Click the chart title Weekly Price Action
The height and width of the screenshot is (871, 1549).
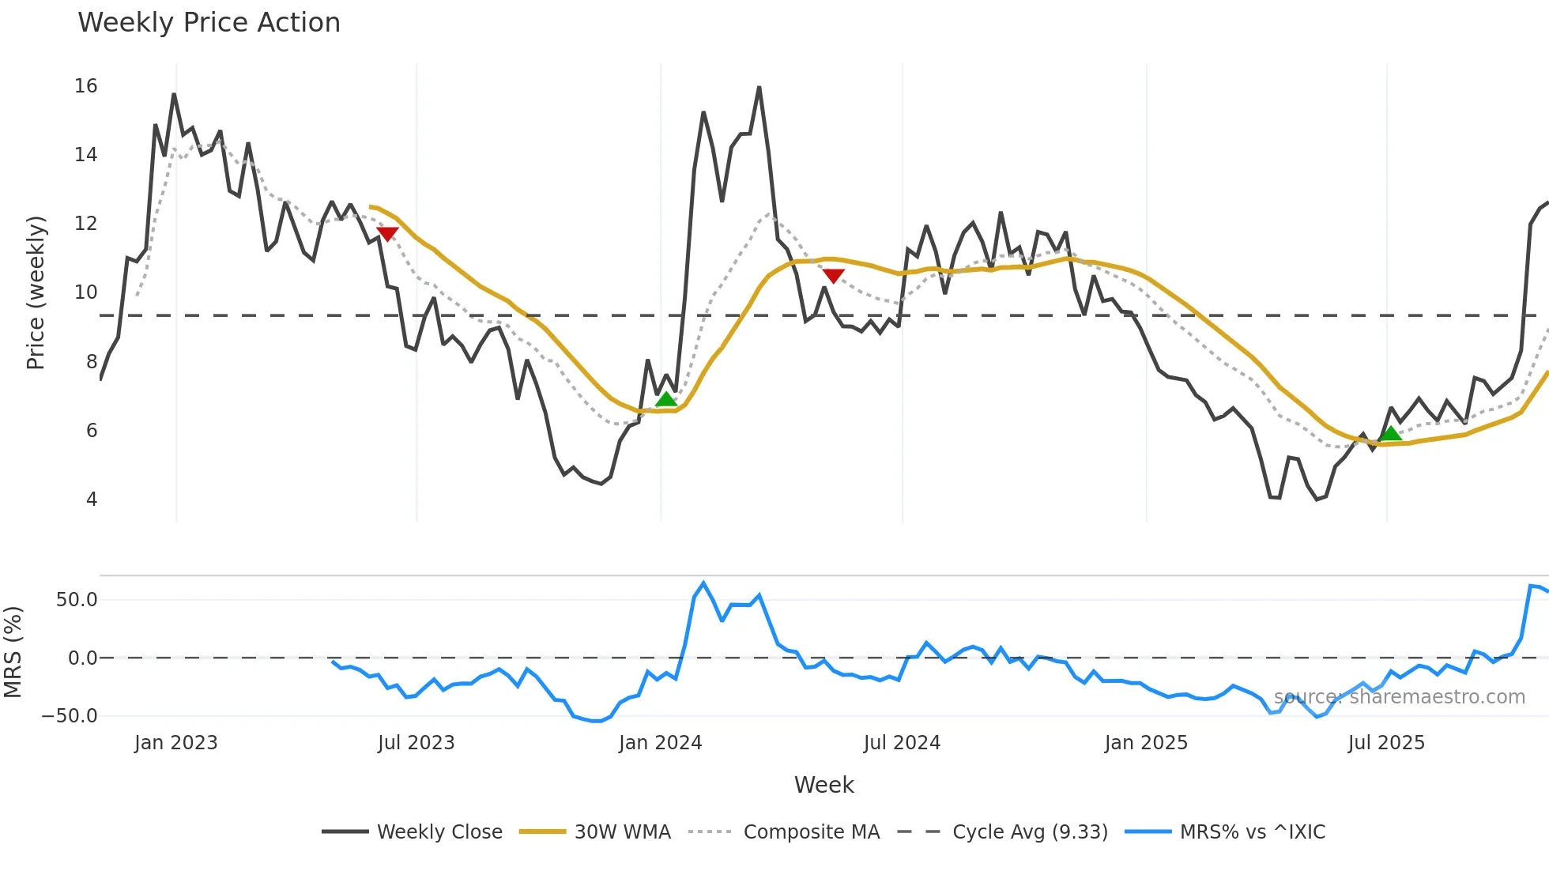click(209, 23)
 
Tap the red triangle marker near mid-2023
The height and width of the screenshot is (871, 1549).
click(387, 233)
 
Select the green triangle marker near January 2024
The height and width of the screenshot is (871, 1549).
click(666, 399)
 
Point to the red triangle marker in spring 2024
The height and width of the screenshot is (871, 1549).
click(833, 275)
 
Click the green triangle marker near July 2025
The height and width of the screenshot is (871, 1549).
click(1390, 433)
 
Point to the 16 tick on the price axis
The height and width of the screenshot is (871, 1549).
click(86, 86)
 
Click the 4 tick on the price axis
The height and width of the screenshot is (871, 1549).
click(92, 500)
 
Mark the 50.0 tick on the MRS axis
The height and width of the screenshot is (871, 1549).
click(77, 600)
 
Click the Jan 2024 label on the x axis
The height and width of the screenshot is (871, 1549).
click(660, 743)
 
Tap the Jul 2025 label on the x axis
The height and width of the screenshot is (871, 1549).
click(1386, 743)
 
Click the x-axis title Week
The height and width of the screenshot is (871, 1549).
click(823, 785)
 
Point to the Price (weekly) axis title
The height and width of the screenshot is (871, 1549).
click(36, 292)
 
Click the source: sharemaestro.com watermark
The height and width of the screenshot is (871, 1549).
click(1399, 697)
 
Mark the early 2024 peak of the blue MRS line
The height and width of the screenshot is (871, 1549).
click(703, 583)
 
